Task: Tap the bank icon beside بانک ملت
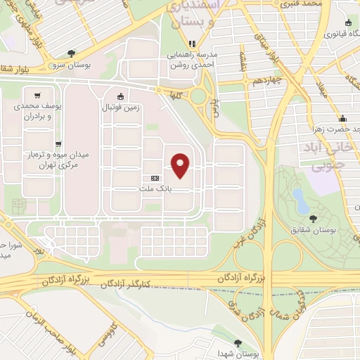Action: [x=155, y=179]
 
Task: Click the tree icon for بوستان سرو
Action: [x=71, y=53]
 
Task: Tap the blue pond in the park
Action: [x=300, y=199]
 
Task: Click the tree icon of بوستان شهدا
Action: [x=238, y=342]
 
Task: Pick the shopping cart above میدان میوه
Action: [x=58, y=143]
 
